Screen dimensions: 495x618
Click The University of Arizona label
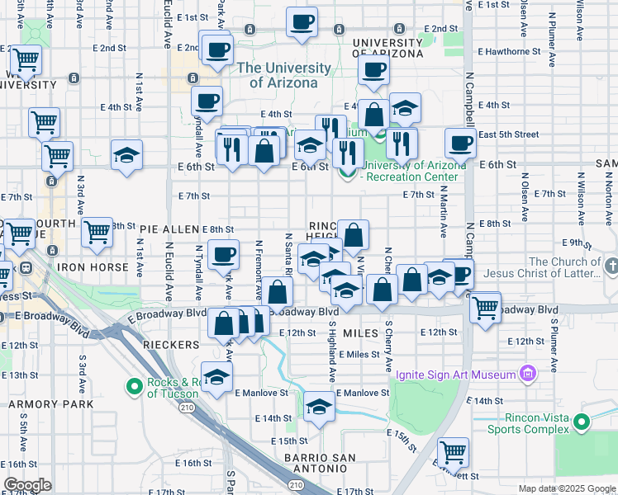[x=283, y=75]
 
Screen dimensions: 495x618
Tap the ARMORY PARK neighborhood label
[x=40, y=404]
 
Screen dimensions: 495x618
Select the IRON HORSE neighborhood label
[x=93, y=267]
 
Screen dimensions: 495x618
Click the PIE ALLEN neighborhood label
[x=169, y=229]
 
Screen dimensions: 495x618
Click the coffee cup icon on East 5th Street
[x=460, y=143]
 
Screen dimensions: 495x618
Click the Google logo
[x=27, y=485]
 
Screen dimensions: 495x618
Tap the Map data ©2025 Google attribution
[x=566, y=488]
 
